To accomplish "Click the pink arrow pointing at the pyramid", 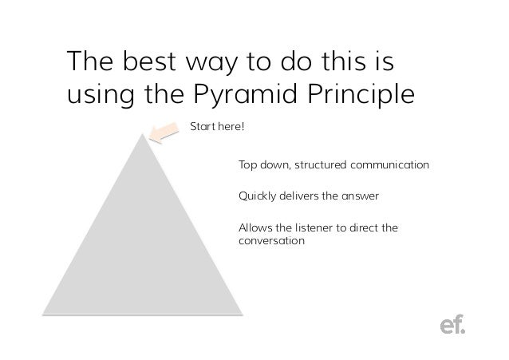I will pos(166,133).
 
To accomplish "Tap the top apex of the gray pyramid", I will pos(143,135).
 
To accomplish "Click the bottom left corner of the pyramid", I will pos(45,314).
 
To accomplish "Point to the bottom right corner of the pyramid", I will pos(240,314).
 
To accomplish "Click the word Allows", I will pos(255,227).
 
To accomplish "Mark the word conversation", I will pos(271,239).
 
